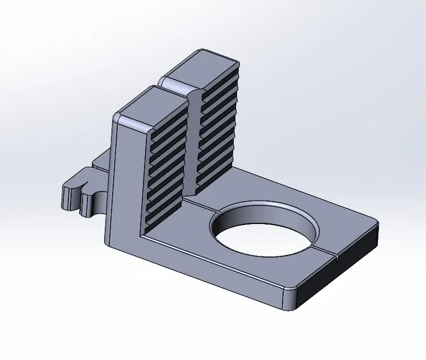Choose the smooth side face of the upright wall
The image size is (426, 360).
[x=124, y=184]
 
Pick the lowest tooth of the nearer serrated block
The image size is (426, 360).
[x=164, y=222]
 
